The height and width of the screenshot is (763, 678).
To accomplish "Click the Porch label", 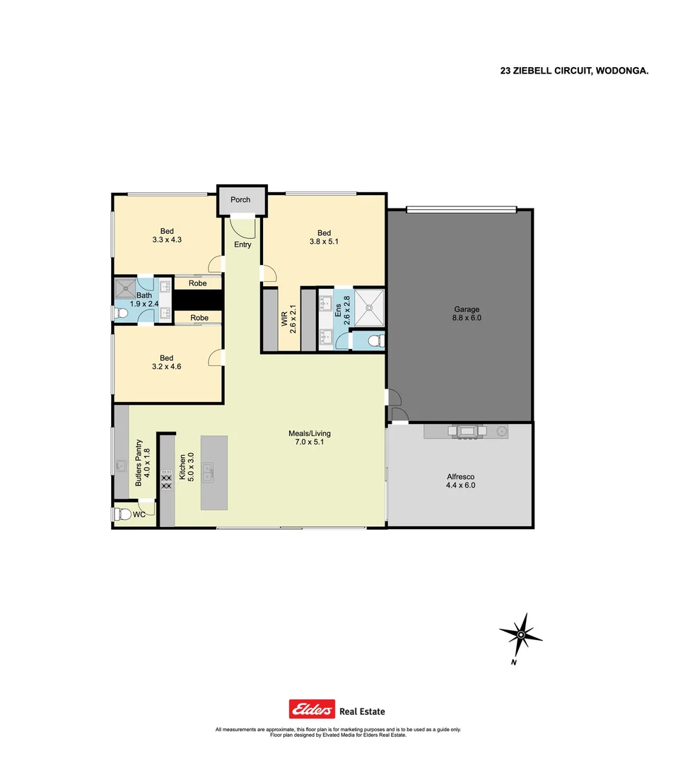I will pyautogui.click(x=240, y=200).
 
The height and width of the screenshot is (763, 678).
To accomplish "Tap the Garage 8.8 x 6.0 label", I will pyautogui.click(x=467, y=314).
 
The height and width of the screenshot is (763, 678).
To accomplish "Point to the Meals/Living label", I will pyautogui.click(x=310, y=438).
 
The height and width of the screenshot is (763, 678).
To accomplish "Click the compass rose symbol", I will pyautogui.click(x=520, y=634).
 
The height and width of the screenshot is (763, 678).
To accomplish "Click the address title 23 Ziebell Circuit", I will pyautogui.click(x=573, y=71).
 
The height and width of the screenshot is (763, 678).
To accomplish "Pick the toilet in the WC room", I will pyautogui.click(x=121, y=514).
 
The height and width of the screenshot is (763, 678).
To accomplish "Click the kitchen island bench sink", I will pyautogui.click(x=209, y=472).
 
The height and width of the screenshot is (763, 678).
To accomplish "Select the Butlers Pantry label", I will pyautogui.click(x=144, y=463).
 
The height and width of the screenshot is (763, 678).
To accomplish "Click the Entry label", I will pyautogui.click(x=242, y=245).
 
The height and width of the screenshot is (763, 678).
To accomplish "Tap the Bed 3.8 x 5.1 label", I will pyautogui.click(x=324, y=238).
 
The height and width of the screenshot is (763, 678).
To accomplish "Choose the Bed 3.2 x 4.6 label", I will pyautogui.click(x=167, y=362).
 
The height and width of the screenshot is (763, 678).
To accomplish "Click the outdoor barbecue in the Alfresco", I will pyautogui.click(x=466, y=431).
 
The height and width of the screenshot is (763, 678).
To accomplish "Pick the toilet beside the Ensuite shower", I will pyautogui.click(x=375, y=341).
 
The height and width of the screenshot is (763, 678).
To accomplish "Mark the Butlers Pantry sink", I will pyautogui.click(x=122, y=466).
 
